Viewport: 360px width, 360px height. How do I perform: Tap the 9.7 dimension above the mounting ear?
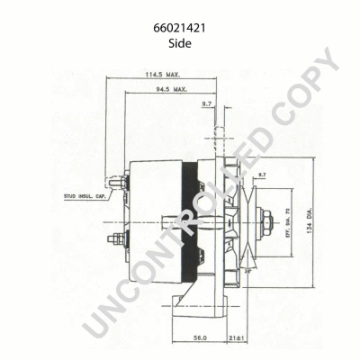pos(207,105)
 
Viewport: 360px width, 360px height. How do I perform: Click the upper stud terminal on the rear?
pos(114,186)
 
